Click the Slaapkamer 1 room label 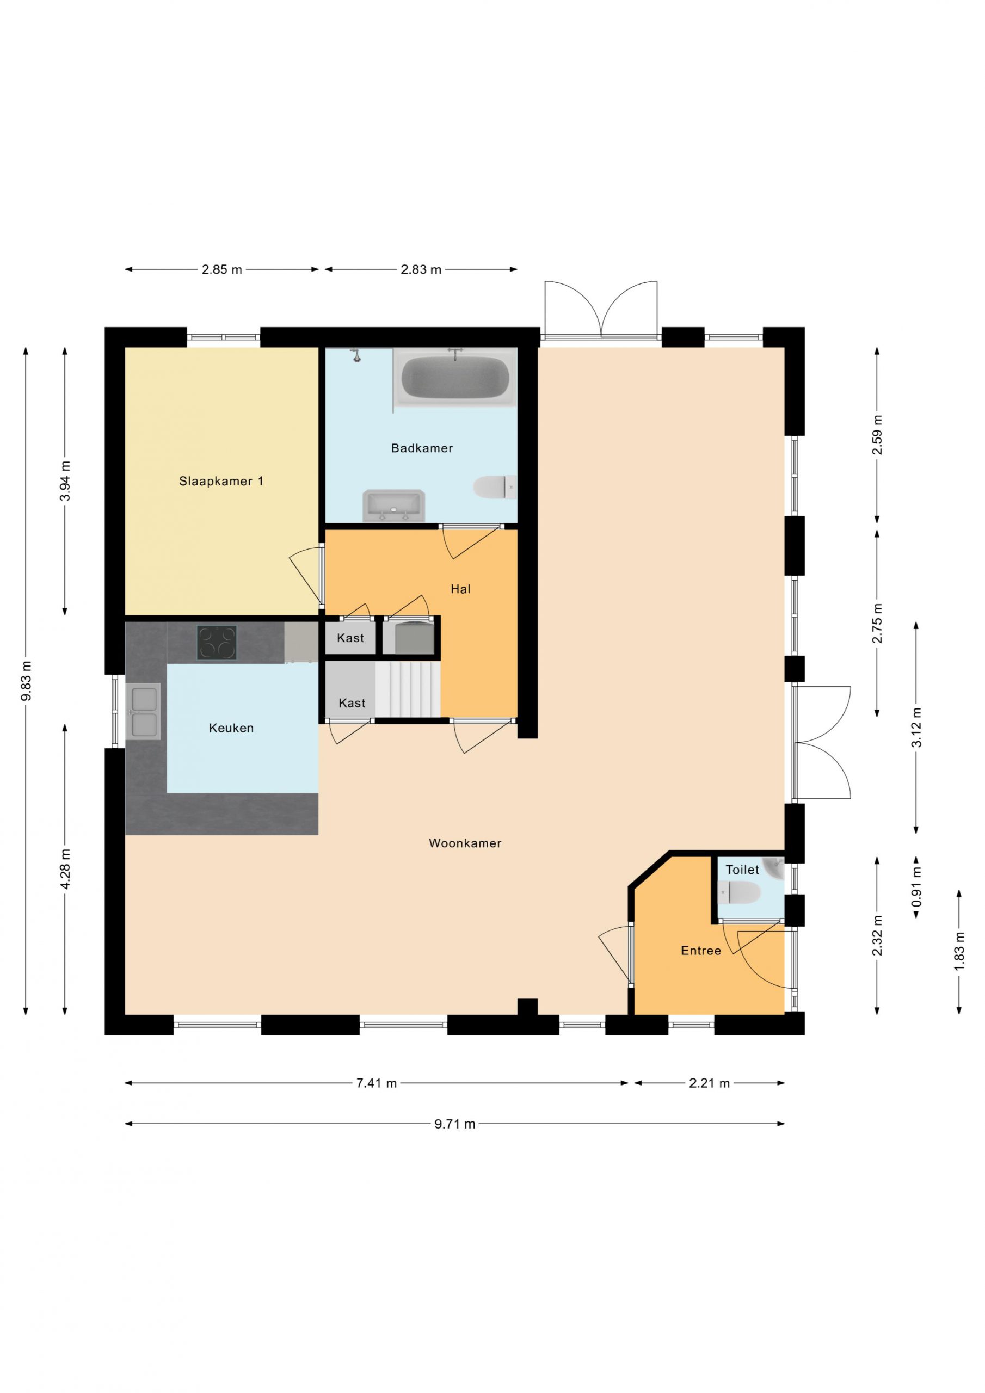click(x=221, y=481)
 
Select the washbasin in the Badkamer click(x=393, y=506)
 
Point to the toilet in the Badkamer click(x=495, y=486)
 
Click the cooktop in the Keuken click(x=217, y=643)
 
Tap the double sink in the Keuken click(x=143, y=712)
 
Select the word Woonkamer click(x=465, y=843)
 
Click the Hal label click(x=460, y=589)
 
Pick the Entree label click(x=701, y=950)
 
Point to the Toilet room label click(x=742, y=870)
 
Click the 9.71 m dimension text click(x=454, y=1124)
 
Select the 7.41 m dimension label click(x=376, y=1083)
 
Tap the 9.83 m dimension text click(x=26, y=681)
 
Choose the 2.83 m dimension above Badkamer click(x=421, y=269)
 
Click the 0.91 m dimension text click(x=916, y=887)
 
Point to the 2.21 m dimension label click(x=709, y=1083)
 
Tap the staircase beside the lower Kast click(x=407, y=689)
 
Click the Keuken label click(x=231, y=728)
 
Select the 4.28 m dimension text click(x=65, y=869)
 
